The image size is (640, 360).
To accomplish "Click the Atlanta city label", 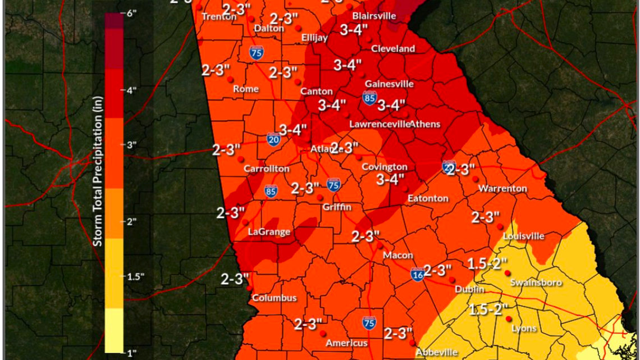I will point(323,149).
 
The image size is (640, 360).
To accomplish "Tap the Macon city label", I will point(398,256).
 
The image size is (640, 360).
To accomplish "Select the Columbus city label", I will point(273,298).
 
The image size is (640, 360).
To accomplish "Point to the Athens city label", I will point(425,124).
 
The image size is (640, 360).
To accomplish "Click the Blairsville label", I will point(374,16).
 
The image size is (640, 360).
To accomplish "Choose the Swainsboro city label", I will point(536,283).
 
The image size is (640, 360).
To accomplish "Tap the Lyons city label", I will point(524,328).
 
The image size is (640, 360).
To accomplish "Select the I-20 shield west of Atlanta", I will point(273,139).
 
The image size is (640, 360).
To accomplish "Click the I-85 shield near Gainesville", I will point(369,98).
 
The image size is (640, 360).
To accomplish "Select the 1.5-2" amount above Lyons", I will point(488,308).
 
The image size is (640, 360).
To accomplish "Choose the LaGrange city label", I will point(269,232).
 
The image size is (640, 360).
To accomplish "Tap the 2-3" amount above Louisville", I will point(486,217).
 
